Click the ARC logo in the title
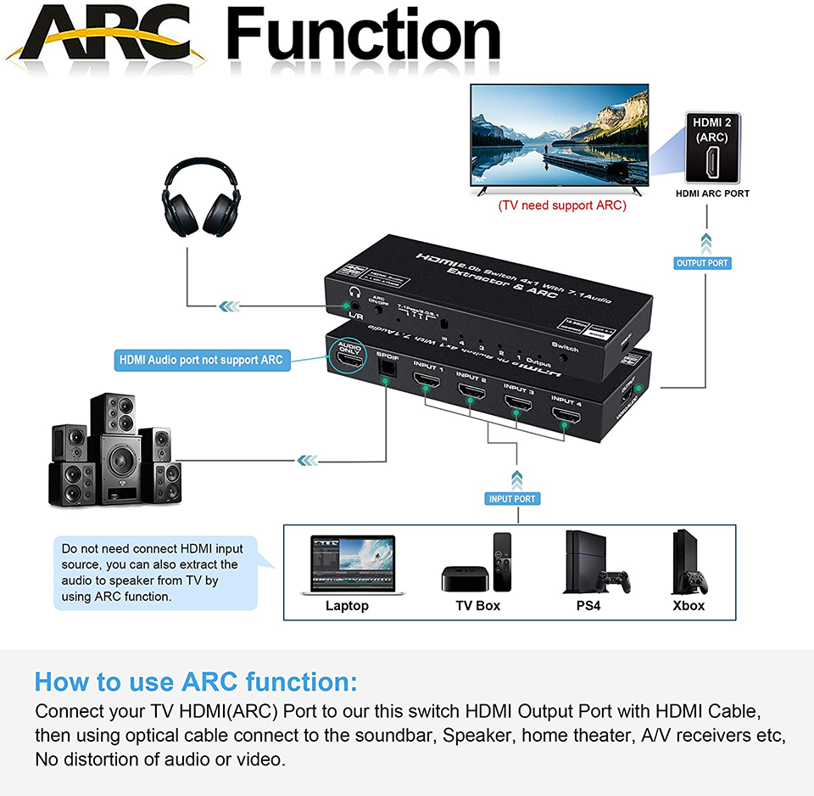pos(106,38)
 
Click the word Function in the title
pos(365,36)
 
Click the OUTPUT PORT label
pos(702,263)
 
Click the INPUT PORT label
pos(512,499)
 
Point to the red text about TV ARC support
pos(562,205)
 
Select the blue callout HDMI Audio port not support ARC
pos(200,360)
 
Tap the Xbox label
pos(689,606)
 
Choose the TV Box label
pos(478,606)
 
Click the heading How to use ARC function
pos(196,682)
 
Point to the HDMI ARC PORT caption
pos(712,193)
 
